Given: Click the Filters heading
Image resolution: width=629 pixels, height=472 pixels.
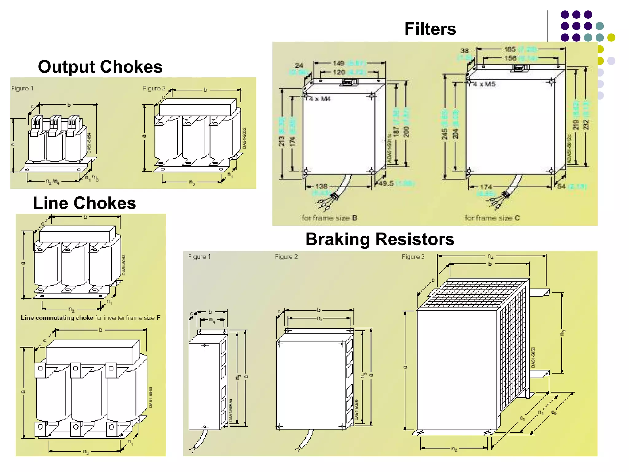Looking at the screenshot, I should (x=430, y=29).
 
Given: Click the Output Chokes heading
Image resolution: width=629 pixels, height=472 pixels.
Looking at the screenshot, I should (x=100, y=67).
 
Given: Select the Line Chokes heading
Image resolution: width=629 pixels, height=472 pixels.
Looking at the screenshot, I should (x=84, y=203).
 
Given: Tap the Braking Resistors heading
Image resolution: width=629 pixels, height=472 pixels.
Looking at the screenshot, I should (x=380, y=239).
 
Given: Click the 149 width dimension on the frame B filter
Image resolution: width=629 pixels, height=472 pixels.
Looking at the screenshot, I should (x=338, y=63).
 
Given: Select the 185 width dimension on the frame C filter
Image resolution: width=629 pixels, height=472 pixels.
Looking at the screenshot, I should (x=510, y=49).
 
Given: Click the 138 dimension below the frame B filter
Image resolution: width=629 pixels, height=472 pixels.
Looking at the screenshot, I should (x=321, y=186).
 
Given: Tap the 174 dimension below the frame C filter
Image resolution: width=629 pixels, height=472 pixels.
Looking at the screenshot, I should (x=486, y=187).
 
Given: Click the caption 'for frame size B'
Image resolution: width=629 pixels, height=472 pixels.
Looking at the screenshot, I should (x=329, y=218).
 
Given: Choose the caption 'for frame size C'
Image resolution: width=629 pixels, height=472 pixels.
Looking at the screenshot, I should (x=492, y=218).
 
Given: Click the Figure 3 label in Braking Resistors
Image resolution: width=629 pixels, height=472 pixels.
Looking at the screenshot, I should (x=413, y=257).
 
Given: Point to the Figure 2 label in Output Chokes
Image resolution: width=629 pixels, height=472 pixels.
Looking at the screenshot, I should (x=154, y=88).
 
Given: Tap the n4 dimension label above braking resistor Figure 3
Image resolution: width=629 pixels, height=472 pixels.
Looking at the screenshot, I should (x=490, y=256).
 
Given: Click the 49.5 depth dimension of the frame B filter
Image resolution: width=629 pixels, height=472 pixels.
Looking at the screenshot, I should (x=386, y=183).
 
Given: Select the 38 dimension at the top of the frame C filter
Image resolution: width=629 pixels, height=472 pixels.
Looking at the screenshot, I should (x=464, y=51).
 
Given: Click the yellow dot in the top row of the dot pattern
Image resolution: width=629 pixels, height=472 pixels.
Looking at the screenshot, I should (x=611, y=37).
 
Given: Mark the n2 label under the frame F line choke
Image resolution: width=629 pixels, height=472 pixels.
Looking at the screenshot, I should (x=71, y=309).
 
